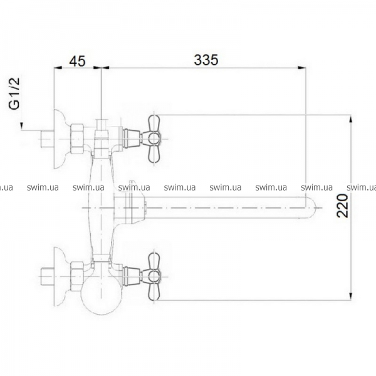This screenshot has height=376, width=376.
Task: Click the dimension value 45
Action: [77, 61]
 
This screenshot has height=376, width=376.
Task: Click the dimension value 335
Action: [206, 60]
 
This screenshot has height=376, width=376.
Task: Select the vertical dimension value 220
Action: [342, 206]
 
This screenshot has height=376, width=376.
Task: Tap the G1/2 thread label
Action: [14, 93]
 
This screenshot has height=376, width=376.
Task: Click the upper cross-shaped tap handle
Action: [154, 139]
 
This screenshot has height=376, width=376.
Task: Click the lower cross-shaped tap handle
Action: [154, 276]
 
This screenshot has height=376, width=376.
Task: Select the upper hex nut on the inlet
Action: [77, 138]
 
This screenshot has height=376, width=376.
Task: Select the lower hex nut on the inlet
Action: [77, 276]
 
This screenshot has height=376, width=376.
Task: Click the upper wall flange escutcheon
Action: [60, 139]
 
